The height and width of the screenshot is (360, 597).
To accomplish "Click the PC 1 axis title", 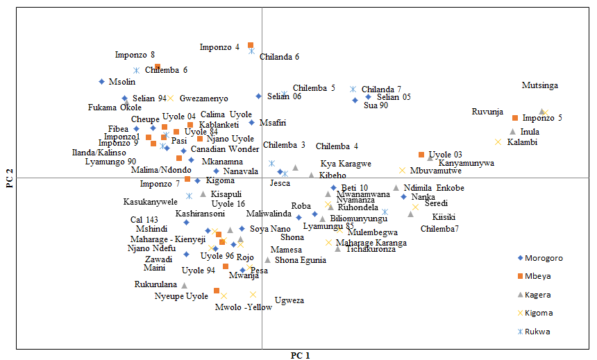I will coord(300,355).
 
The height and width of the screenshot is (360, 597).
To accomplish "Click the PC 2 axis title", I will coord(9,180).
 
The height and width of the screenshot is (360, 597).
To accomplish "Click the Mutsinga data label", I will coord(539,85).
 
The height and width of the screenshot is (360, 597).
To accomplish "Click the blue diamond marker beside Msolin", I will coord(101,82).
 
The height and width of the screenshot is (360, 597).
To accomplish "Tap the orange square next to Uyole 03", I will coord(421,155).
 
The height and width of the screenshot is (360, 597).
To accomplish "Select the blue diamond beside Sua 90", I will coord(355,101).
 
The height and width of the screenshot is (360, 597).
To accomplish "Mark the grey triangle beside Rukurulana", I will coord(184,285).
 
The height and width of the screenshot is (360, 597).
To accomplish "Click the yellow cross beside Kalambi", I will coord(498,142).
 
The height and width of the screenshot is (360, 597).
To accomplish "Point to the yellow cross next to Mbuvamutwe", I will coord(402,170).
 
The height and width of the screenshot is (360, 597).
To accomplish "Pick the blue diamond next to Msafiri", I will coord(252,123).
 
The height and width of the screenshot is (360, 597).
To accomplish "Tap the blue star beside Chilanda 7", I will coord(353,89).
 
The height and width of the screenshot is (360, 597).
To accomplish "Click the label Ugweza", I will coord(289,300).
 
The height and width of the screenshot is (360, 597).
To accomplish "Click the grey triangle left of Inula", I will coord(513,131).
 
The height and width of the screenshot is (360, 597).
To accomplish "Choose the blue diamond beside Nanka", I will coord(404,197).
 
